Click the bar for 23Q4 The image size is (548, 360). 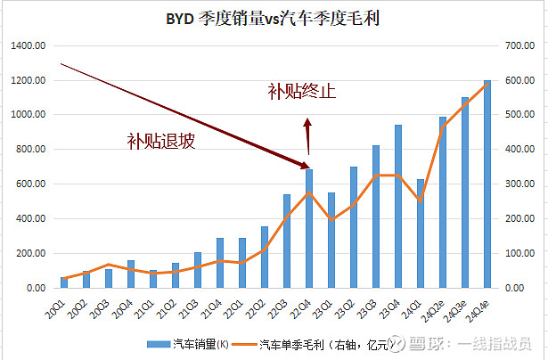pyautogui.click(x=397, y=206)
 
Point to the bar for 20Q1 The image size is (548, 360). pyautogui.click(x=63, y=282)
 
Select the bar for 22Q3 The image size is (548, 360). pyautogui.click(x=286, y=241)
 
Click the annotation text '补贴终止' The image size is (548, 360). pyautogui.click(x=302, y=91)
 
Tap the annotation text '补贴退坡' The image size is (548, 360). pyautogui.click(x=160, y=141)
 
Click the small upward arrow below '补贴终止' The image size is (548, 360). pyautogui.click(x=307, y=136)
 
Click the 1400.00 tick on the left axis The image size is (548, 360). pyautogui.click(x=28, y=45)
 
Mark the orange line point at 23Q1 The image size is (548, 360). pyautogui.click(x=331, y=219)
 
